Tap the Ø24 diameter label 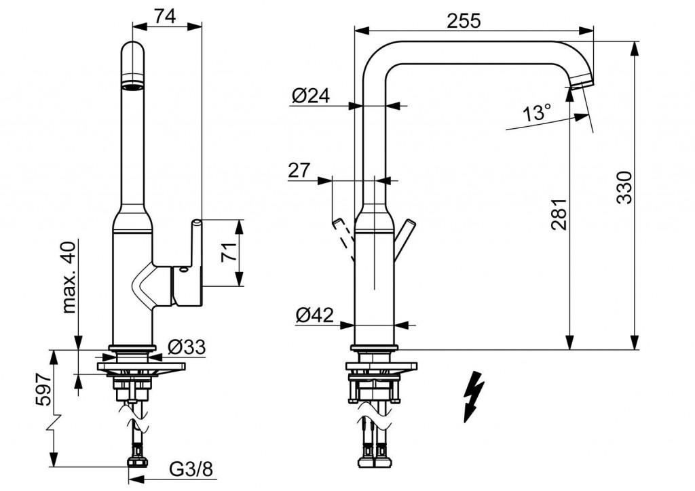pyautogui.click(x=311, y=96)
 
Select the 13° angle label pyautogui.click(x=538, y=113)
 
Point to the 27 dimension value pyautogui.click(x=299, y=170)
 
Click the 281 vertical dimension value pyautogui.click(x=559, y=214)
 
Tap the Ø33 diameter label pyautogui.click(x=185, y=347)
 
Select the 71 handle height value pyautogui.click(x=229, y=253)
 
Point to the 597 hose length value pyautogui.click(x=41, y=389)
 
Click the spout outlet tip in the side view pyautogui.click(x=580, y=83)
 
